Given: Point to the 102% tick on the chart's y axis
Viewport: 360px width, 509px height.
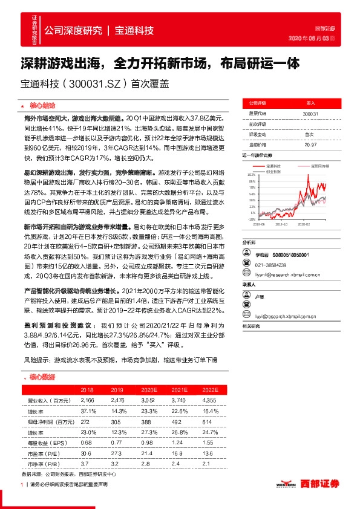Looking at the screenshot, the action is coord(251,173).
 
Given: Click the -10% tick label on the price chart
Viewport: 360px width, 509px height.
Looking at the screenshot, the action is coord(251,220).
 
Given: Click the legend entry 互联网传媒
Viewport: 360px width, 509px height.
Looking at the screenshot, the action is coord(319,164).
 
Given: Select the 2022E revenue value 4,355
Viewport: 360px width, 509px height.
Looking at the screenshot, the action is coord(211,400).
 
